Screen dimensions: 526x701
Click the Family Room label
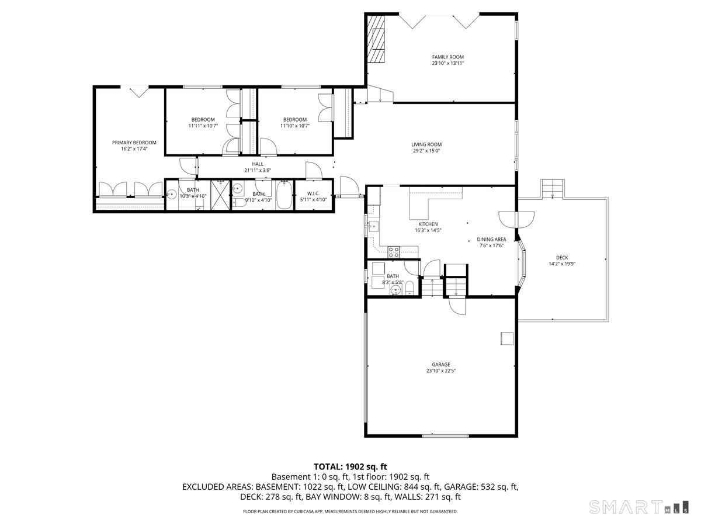pyautogui.click(x=447, y=57)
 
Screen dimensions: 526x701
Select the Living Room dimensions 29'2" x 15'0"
pyautogui.click(x=426, y=151)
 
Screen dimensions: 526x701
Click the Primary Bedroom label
pyautogui.click(x=134, y=143)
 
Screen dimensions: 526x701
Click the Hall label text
pyautogui.click(x=258, y=164)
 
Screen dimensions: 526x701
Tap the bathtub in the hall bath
pyautogui.click(x=284, y=196)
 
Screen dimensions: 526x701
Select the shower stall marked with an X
pyautogui.click(x=220, y=195)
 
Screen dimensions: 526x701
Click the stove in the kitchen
pyautogui.click(x=394, y=252)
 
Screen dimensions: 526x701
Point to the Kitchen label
pyautogui.click(x=428, y=224)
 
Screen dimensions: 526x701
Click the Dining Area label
pyautogui.click(x=491, y=239)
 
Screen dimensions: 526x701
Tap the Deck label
pyautogui.click(x=562, y=257)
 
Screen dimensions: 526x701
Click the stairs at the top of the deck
pyautogui.click(x=553, y=189)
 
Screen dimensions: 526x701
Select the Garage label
pyautogui.click(x=441, y=364)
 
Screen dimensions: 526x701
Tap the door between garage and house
pyautogui.click(x=456, y=304)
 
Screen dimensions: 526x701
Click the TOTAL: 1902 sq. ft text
pyautogui.click(x=350, y=466)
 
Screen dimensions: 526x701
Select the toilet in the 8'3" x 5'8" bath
pyautogui.click(x=410, y=286)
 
